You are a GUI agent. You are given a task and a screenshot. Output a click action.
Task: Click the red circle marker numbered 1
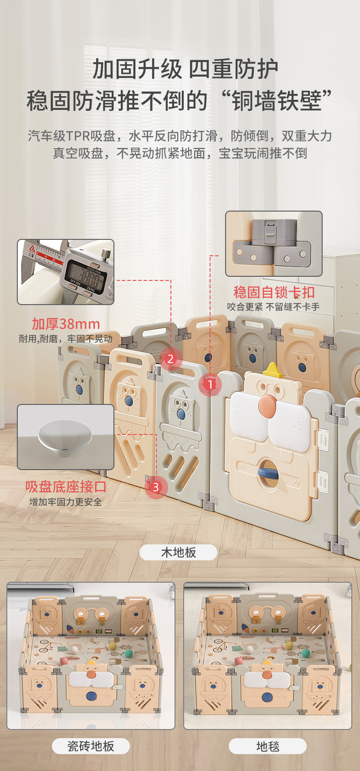pos(210,384)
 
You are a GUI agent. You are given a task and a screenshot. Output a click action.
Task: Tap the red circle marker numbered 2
pos(170,359)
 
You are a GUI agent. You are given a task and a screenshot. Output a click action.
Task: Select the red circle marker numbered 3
pos(156,487)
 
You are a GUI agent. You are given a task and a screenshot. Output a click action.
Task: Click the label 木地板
pos(178,553)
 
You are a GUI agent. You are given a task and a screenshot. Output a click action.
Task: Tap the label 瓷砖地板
pos(91,746)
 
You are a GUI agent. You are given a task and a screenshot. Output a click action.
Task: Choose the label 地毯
pos(268,746)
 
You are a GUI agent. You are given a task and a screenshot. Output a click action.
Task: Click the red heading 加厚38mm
pos(66,324)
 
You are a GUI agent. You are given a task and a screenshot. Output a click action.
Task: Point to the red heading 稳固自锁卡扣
pos(274,292)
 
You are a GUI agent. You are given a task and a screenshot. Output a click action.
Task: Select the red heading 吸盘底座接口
pos(65,486)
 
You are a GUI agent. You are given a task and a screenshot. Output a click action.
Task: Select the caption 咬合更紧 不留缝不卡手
pos(273,307)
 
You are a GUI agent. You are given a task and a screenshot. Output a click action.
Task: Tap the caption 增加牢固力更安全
pos(65,502)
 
